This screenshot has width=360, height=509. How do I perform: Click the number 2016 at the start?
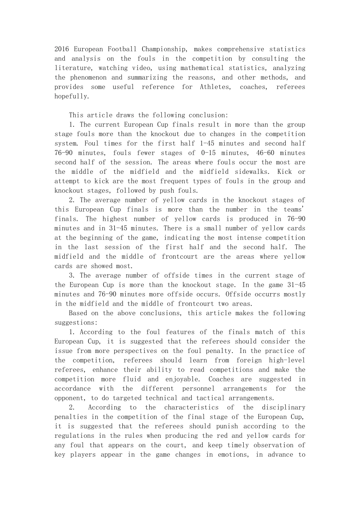click(62, 49)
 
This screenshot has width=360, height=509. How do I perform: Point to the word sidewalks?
click(251, 172)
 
